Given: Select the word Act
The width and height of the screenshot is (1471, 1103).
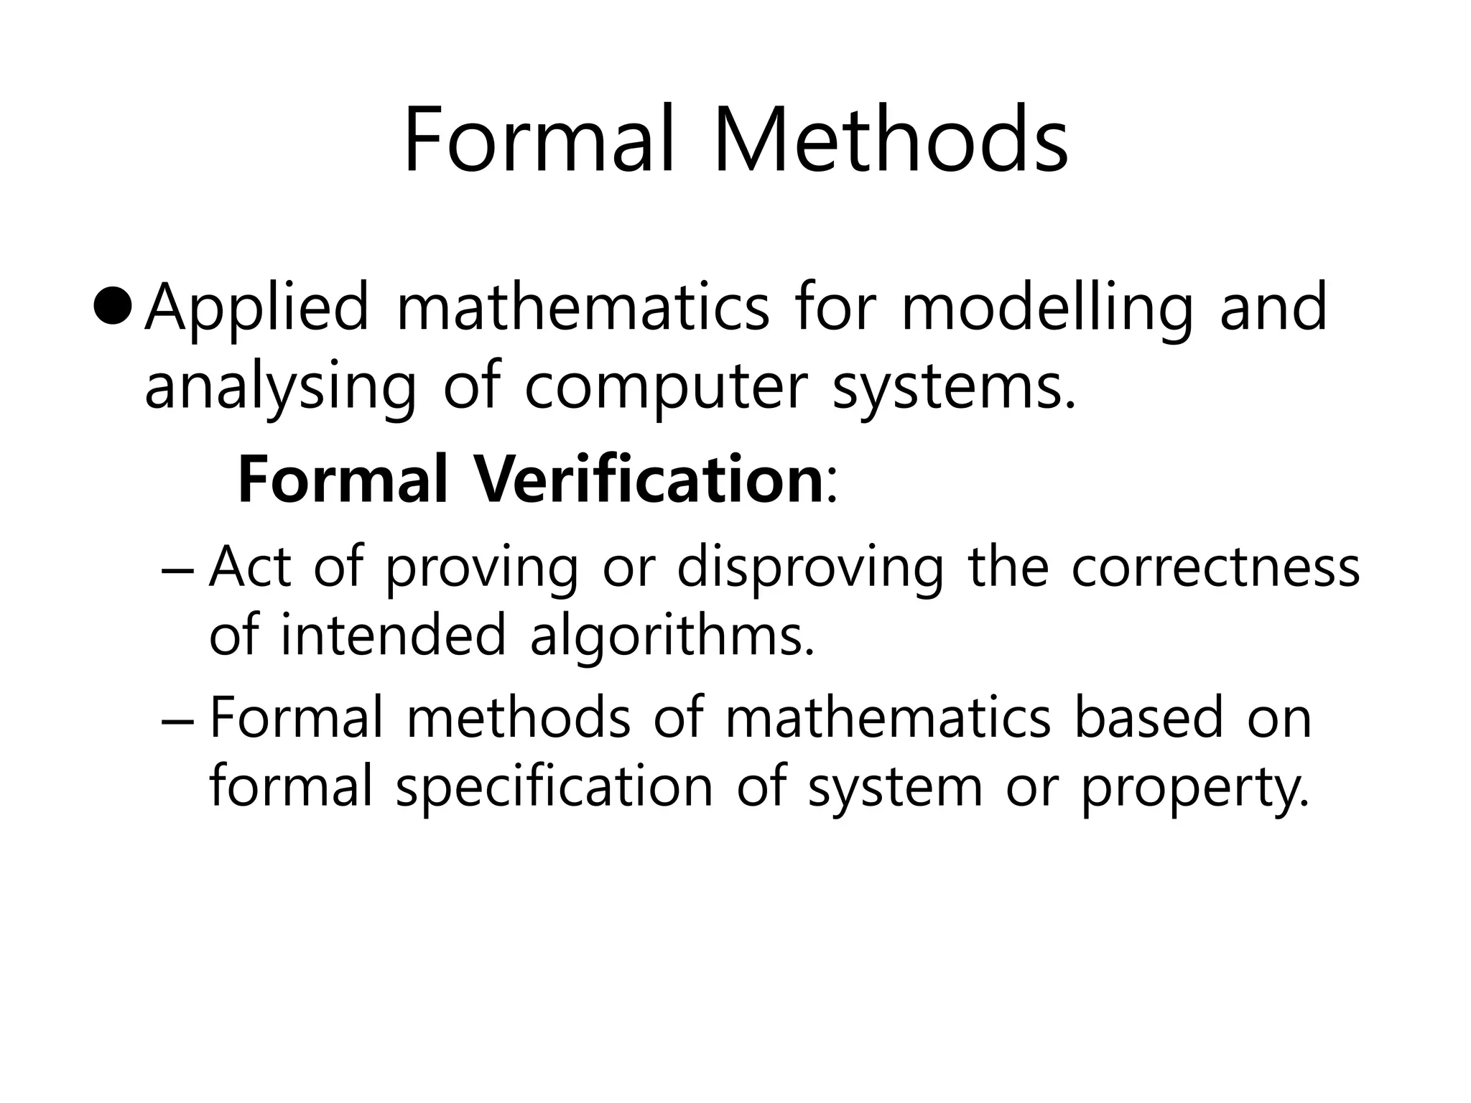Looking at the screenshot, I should (x=249, y=567).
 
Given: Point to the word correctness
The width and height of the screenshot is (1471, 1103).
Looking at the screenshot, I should (x=1215, y=567).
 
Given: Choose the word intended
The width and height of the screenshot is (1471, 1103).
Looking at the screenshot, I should (x=393, y=635).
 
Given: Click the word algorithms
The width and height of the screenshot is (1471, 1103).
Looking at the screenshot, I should (x=672, y=636).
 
